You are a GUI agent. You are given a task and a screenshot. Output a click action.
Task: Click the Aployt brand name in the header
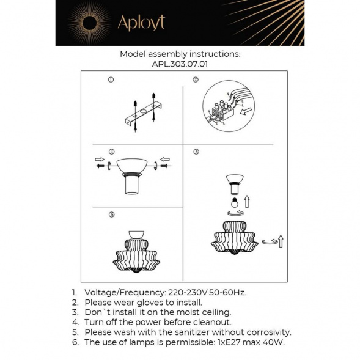(x=141, y=23)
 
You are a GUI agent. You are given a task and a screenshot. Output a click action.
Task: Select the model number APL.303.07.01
(x=180, y=62)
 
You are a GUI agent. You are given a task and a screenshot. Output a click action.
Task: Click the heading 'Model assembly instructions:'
(x=180, y=54)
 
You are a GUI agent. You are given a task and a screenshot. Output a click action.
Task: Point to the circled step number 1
(x=111, y=79)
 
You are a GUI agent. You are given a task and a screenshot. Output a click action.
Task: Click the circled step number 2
(x=196, y=79)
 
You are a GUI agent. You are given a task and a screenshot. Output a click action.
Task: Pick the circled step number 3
(x=111, y=151)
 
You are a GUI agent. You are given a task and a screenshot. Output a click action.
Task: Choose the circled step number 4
(x=196, y=151)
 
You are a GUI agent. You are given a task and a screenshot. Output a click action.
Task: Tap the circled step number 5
(x=111, y=215)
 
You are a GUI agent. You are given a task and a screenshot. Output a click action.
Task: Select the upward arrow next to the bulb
(x=246, y=200)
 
